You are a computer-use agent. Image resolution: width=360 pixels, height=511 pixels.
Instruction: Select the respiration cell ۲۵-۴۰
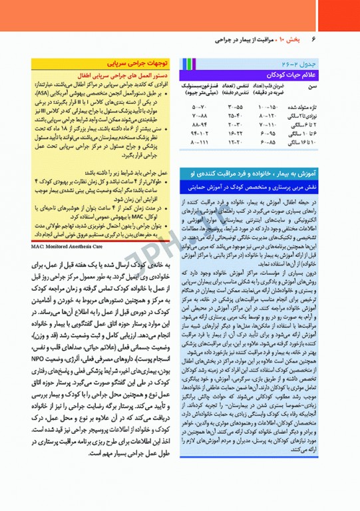point(234,116)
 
